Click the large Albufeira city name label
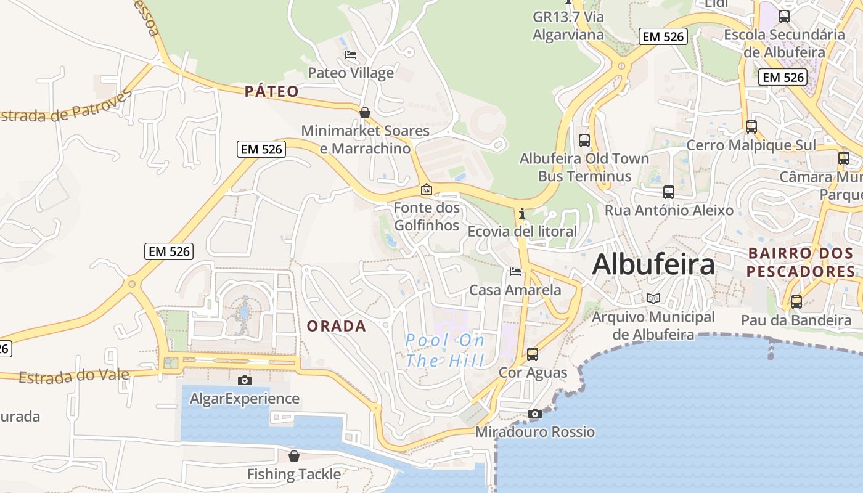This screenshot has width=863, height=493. pos(653,264)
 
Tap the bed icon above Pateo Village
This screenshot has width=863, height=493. pos(351,55)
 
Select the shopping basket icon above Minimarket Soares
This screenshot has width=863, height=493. pos(365,113)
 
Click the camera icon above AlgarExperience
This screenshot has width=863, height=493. pos(245,380)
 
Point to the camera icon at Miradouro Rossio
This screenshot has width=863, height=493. pos(534,414)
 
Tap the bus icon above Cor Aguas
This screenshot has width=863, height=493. pos(533,354)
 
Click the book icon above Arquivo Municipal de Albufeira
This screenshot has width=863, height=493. pos(653,299)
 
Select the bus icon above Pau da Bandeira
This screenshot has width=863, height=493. pos(796,302)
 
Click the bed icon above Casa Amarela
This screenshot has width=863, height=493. pos(515,272)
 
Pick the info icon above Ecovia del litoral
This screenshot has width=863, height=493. pos(522,213)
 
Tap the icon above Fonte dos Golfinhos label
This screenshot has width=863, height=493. pos(426,190)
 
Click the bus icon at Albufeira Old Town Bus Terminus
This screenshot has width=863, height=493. pos(584,141)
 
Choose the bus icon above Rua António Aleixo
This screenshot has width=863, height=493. pos(669,192)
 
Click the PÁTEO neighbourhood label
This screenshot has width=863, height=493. pos(272,92)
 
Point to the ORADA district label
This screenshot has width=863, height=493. pos(337,326)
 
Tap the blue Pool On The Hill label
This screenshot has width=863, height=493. pos(445,351)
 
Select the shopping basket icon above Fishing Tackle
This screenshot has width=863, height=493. pos(294,456)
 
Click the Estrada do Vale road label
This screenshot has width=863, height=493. pos(74,375)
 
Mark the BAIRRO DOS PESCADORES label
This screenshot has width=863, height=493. pos(800,262)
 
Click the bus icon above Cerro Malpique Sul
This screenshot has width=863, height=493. pos(751,127)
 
